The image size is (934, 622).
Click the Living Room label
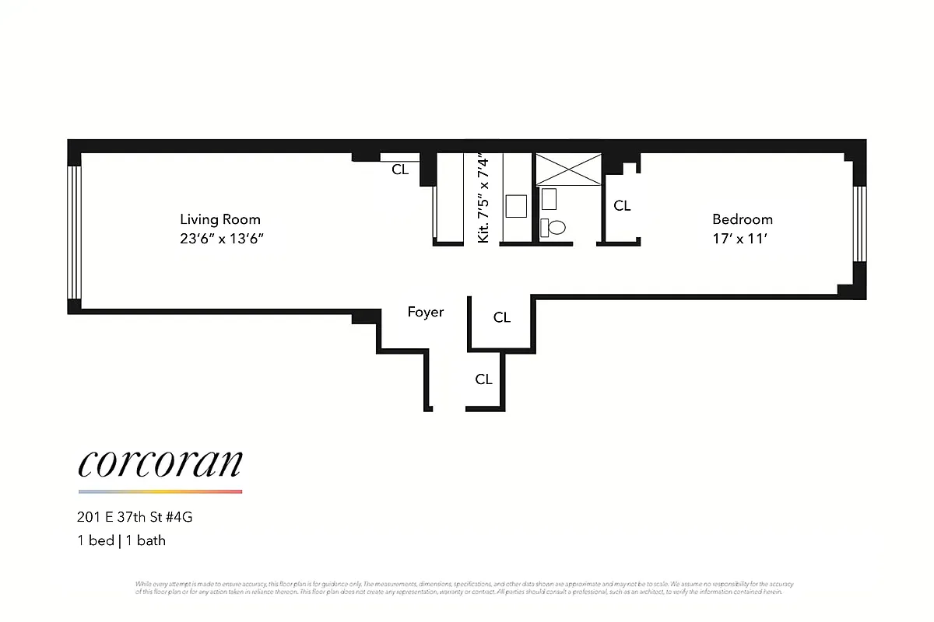(x=220, y=219)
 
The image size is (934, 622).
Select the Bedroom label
(x=743, y=219)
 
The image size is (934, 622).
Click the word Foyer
(x=426, y=312)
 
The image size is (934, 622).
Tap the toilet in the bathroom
(x=555, y=228)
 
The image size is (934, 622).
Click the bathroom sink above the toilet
(x=550, y=198)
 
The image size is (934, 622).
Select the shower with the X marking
(x=568, y=169)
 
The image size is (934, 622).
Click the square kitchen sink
(x=517, y=206)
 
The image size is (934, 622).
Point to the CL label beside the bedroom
(x=622, y=206)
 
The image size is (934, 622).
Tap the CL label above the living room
(x=400, y=169)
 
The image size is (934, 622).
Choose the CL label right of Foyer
(x=502, y=317)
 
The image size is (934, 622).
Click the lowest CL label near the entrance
(x=484, y=379)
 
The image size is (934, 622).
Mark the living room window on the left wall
(x=75, y=232)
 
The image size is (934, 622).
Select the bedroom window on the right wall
(x=859, y=223)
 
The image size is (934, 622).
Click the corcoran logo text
(x=160, y=463)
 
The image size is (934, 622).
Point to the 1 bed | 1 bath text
(x=121, y=540)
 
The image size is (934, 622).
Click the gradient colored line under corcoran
(x=160, y=491)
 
